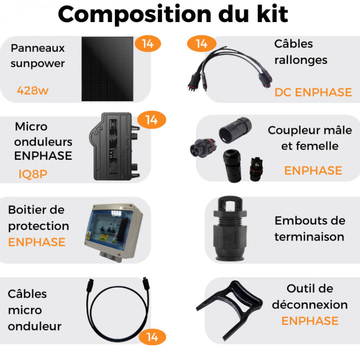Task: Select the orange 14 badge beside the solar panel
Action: point(148,44)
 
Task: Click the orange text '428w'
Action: point(33,90)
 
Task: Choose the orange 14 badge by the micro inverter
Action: point(151,120)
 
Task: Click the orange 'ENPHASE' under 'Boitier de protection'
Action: point(37,242)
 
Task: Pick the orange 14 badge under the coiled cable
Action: point(152,337)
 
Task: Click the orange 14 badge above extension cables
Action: point(201,44)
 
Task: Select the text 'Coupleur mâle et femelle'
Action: point(310,138)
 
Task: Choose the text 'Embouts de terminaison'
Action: point(310,228)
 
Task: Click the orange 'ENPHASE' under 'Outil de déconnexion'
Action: point(310,321)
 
